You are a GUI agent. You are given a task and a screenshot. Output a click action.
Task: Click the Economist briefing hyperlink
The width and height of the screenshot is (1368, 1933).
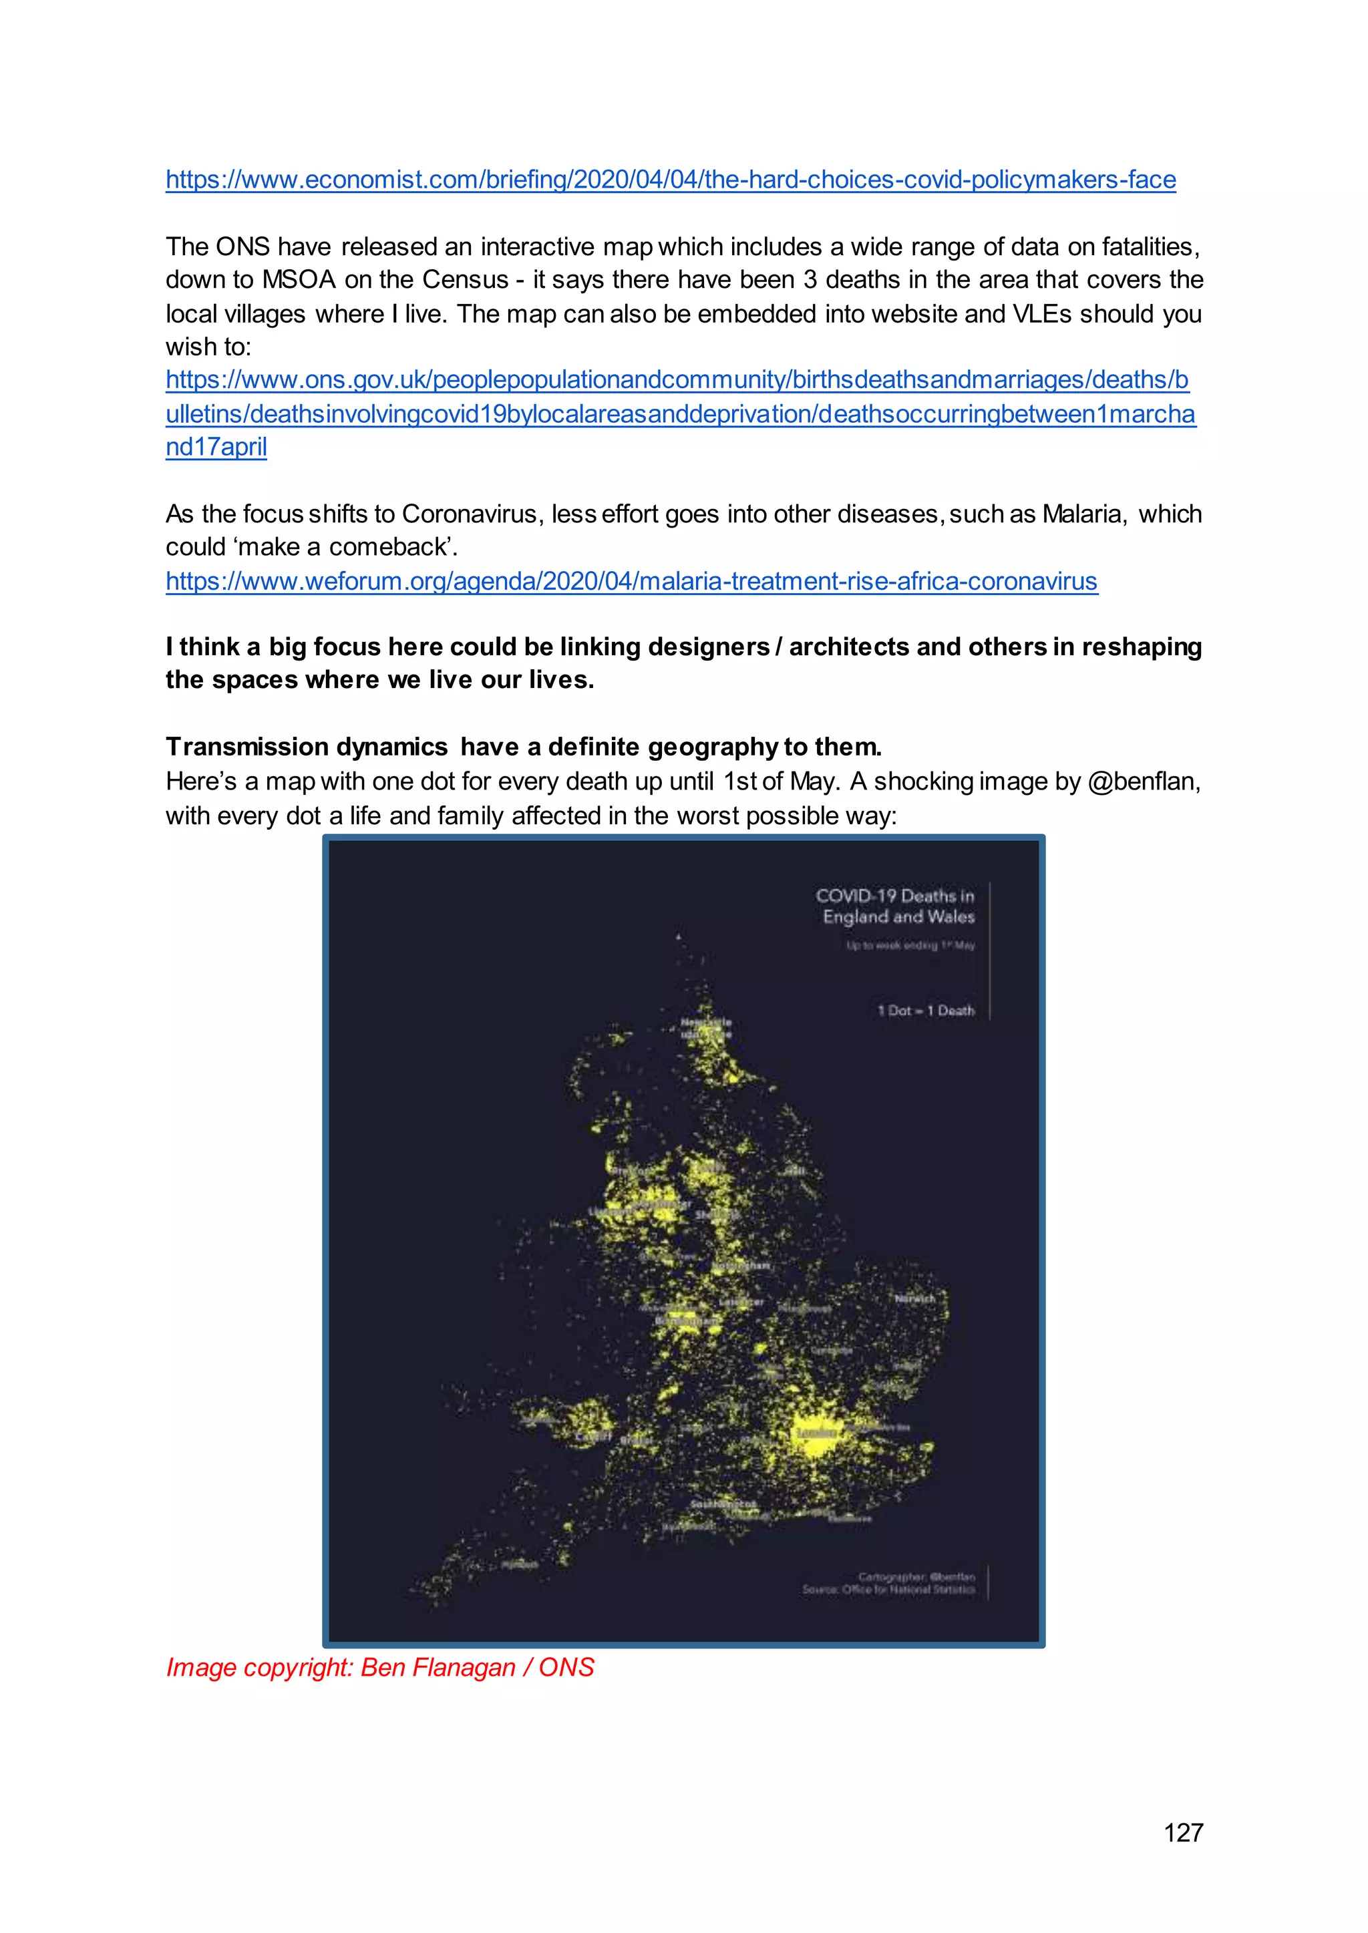pyautogui.click(x=671, y=180)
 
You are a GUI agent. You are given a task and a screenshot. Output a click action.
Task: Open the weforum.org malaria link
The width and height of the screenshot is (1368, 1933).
pyautogui.click(x=631, y=581)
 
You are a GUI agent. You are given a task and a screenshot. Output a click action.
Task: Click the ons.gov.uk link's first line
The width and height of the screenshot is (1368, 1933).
pyautogui.click(x=677, y=380)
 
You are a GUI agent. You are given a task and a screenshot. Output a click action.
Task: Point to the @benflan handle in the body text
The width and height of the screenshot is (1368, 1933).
pyautogui.click(x=1143, y=781)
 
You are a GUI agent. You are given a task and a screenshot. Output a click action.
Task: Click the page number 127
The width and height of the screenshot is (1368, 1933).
pyautogui.click(x=1183, y=1833)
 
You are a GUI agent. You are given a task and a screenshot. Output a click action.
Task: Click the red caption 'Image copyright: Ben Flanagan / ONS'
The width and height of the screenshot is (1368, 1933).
pyautogui.click(x=380, y=1667)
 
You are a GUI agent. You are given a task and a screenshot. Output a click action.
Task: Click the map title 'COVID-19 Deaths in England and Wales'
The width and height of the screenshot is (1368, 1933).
pyautogui.click(x=896, y=906)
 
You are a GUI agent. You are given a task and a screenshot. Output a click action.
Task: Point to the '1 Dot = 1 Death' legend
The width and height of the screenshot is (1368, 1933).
pyautogui.click(x=926, y=1011)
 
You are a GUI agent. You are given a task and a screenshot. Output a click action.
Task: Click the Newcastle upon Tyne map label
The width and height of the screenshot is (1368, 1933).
pyautogui.click(x=706, y=1027)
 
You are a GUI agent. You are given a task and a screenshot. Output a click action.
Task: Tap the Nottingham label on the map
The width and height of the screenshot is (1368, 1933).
pyautogui.click(x=741, y=1266)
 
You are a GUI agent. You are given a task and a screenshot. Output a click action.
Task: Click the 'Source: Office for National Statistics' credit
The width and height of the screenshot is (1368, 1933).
pyautogui.click(x=888, y=1590)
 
